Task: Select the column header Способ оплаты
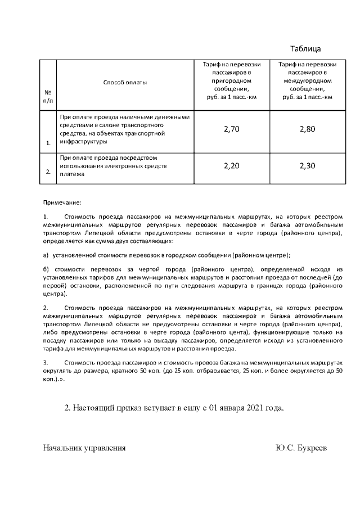pyautogui.click(x=125, y=83)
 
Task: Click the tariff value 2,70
pyautogui.click(x=232, y=129)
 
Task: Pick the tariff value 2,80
pyautogui.click(x=307, y=129)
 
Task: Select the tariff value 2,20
pyautogui.click(x=232, y=166)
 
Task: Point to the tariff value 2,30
pyautogui.click(x=307, y=166)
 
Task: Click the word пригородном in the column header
pyautogui.click(x=231, y=80)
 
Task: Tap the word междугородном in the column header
pyautogui.click(x=307, y=80)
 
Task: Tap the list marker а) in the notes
pyautogui.click(x=46, y=255)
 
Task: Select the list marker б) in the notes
pyautogui.click(x=46, y=269)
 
